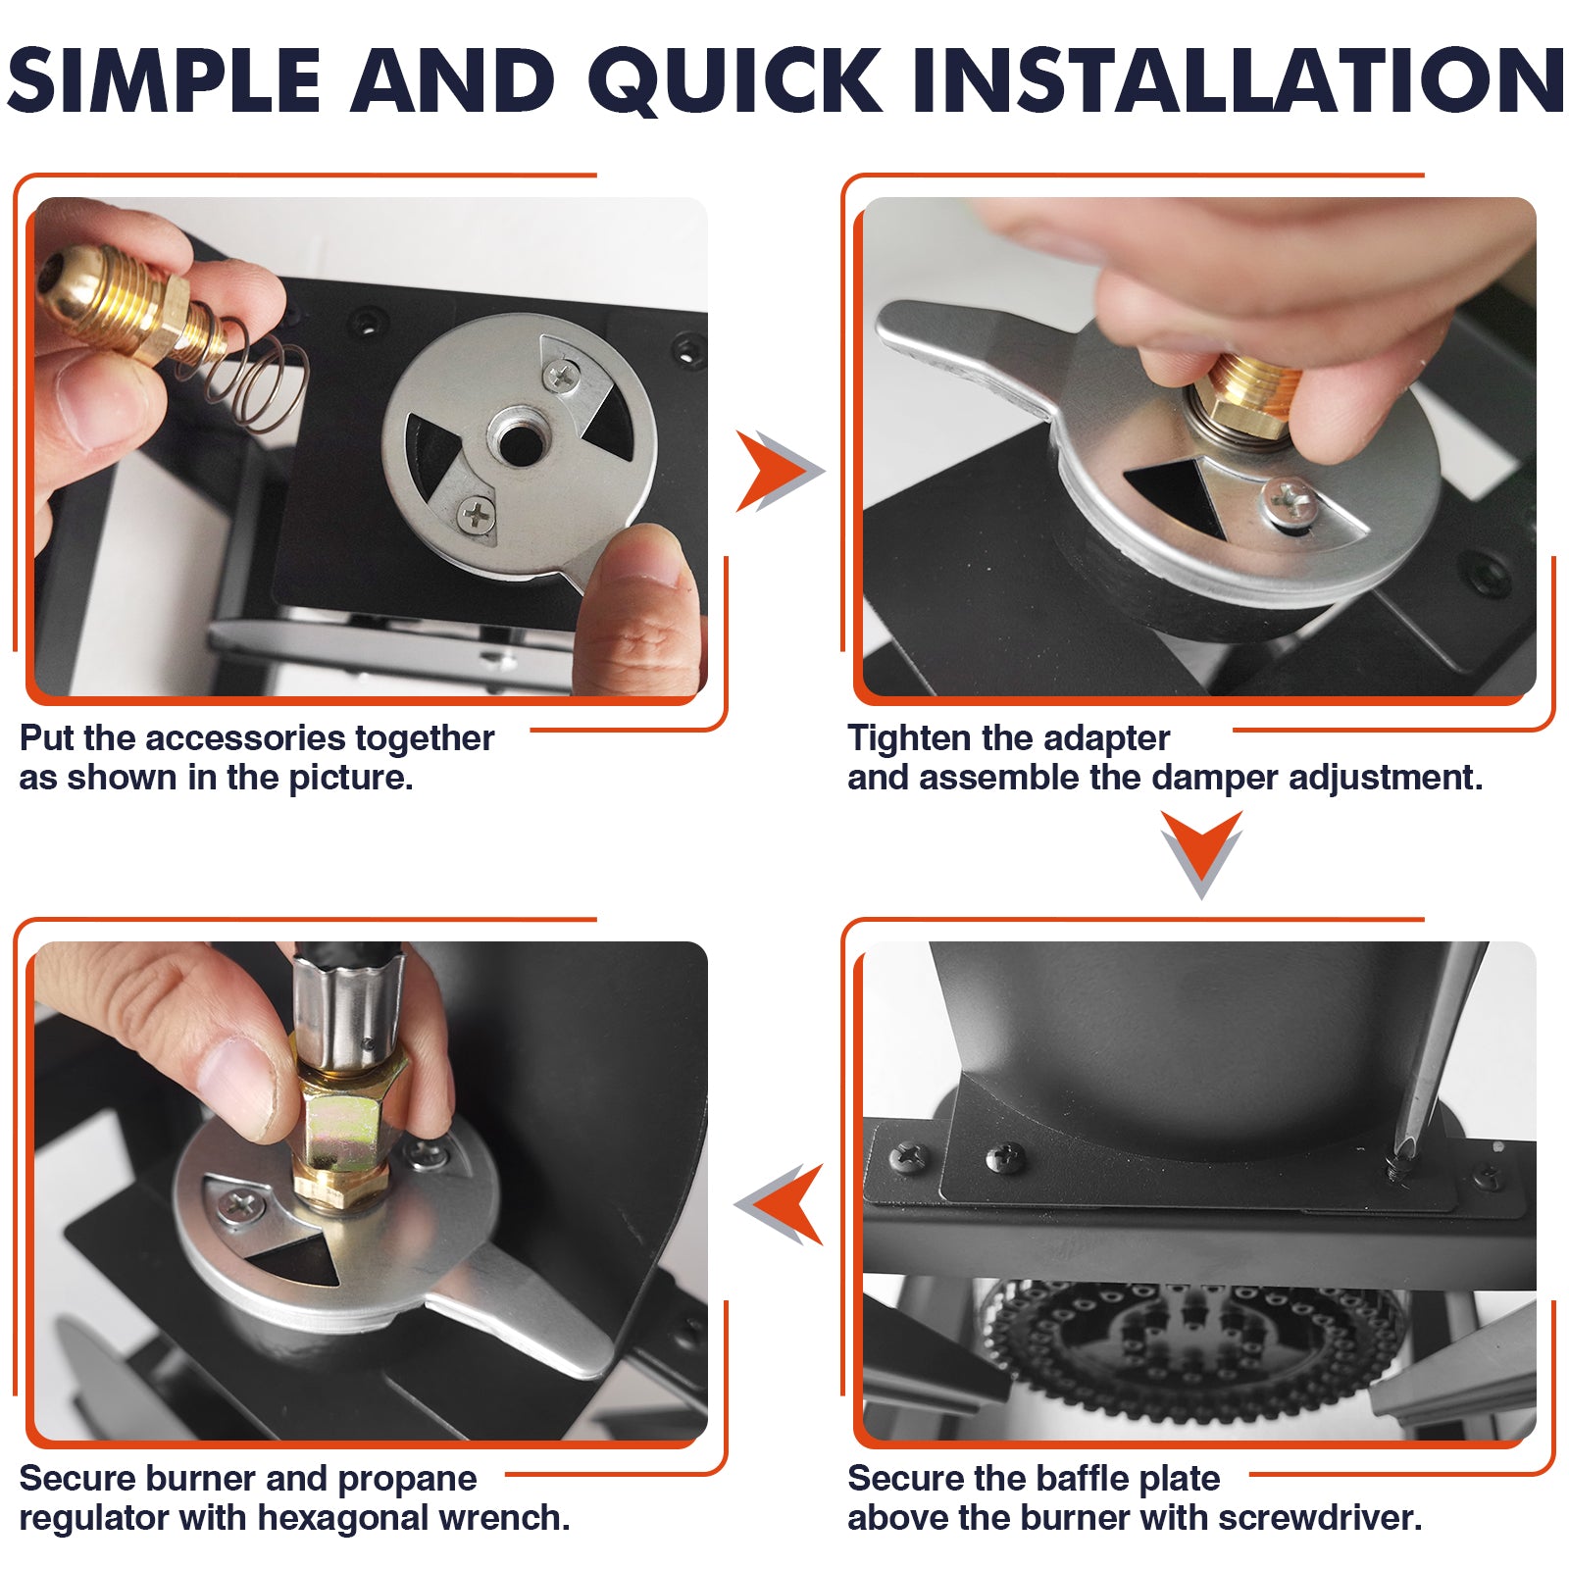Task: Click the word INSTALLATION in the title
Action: [x=1238, y=80]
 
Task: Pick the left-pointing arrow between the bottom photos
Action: [x=784, y=1204]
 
